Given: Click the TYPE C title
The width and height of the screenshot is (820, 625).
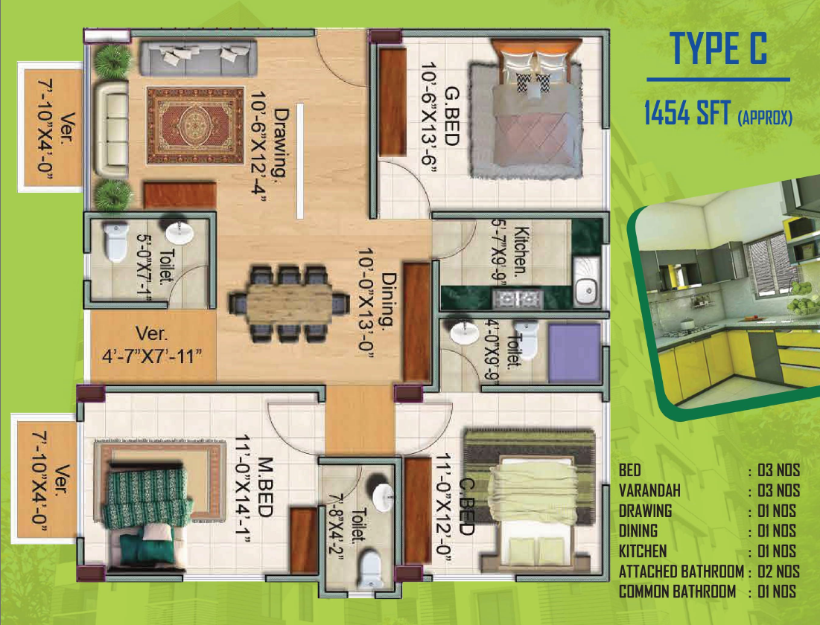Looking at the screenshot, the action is coord(719,48).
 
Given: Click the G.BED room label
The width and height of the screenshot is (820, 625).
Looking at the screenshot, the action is coord(451,116).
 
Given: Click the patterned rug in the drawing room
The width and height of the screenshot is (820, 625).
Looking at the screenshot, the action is coord(196,126).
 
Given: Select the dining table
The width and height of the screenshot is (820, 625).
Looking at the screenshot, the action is coord(289,304).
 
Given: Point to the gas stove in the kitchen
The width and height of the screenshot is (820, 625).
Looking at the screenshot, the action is coord(517,298).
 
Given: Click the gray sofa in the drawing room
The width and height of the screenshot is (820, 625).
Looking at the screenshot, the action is coord(198,57).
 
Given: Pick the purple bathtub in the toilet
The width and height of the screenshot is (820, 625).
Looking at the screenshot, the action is coord(574,353).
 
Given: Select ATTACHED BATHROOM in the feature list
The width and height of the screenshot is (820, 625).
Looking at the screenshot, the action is coord(681,571).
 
